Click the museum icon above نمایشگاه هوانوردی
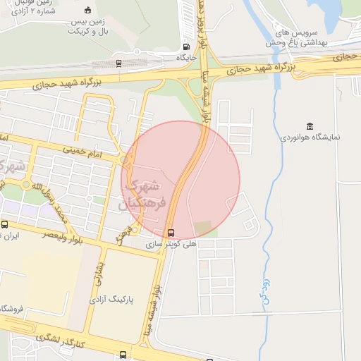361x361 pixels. pyautogui.click(x=311, y=125)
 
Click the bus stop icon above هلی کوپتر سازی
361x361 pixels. pyautogui.click(x=171, y=232)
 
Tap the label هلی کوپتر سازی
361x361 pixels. pyautogui.click(x=171, y=243)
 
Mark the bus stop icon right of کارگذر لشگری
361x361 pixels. pyautogui.click(x=124, y=354)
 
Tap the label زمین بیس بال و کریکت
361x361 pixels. pyautogui.click(x=87, y=27)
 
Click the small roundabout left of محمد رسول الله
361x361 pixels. pyautogui.click(x=27, y=185)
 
